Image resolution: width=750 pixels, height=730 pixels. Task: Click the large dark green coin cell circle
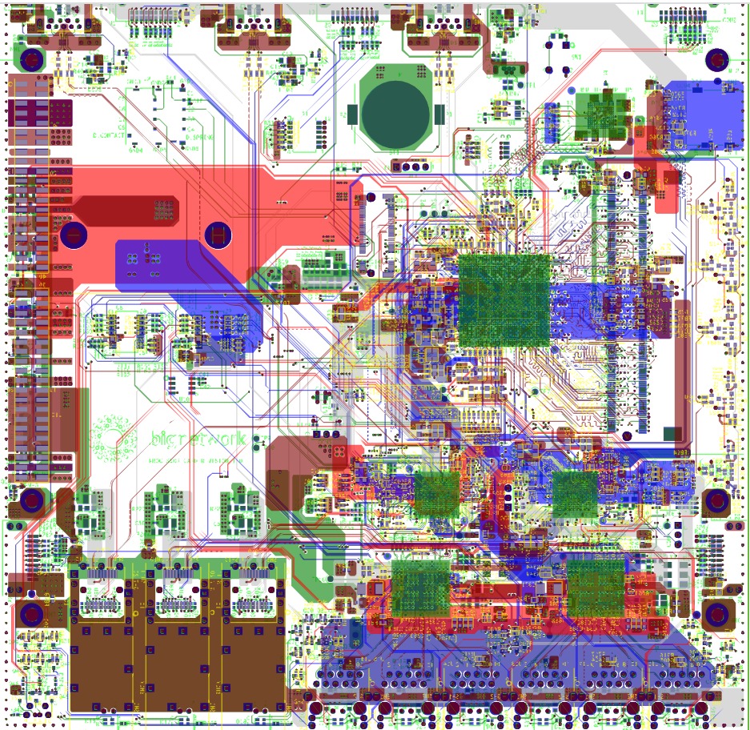click(x=395, y=112)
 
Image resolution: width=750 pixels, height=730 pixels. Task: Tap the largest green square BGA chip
click(x=504, y=300)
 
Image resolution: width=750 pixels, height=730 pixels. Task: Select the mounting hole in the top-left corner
click(x=33, y=60)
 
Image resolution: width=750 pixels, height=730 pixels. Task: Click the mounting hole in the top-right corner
click(x=716, y=60)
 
